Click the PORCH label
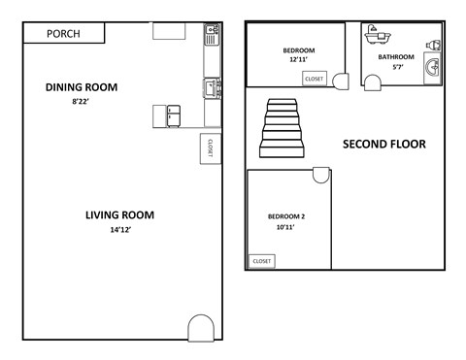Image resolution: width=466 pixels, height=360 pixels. pyautogui.click(x=63, y=34)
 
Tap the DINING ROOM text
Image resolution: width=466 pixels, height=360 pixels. pyautogui.click(x=82, y=87)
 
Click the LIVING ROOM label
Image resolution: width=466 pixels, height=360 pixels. pyautogui.click(x=119, y=214)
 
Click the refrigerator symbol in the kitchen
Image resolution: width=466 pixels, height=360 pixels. pyautogui.click(x=174, y=115)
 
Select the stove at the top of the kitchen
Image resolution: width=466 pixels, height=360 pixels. pyautogui.click(x=212, y=37)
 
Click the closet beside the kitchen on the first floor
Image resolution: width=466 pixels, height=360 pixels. pyautogui.click(x=208, y=148)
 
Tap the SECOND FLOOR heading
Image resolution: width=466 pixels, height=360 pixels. pyautogui.click(x=384, y=145)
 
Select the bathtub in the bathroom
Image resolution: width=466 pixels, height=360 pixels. pyautogui.click(x=373, y=35)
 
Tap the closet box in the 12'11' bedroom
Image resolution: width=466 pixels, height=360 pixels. pyautogui.click(x=314, y=79)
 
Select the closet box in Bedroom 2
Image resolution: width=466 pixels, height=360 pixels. pyautogui.click(x=262, y=261)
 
